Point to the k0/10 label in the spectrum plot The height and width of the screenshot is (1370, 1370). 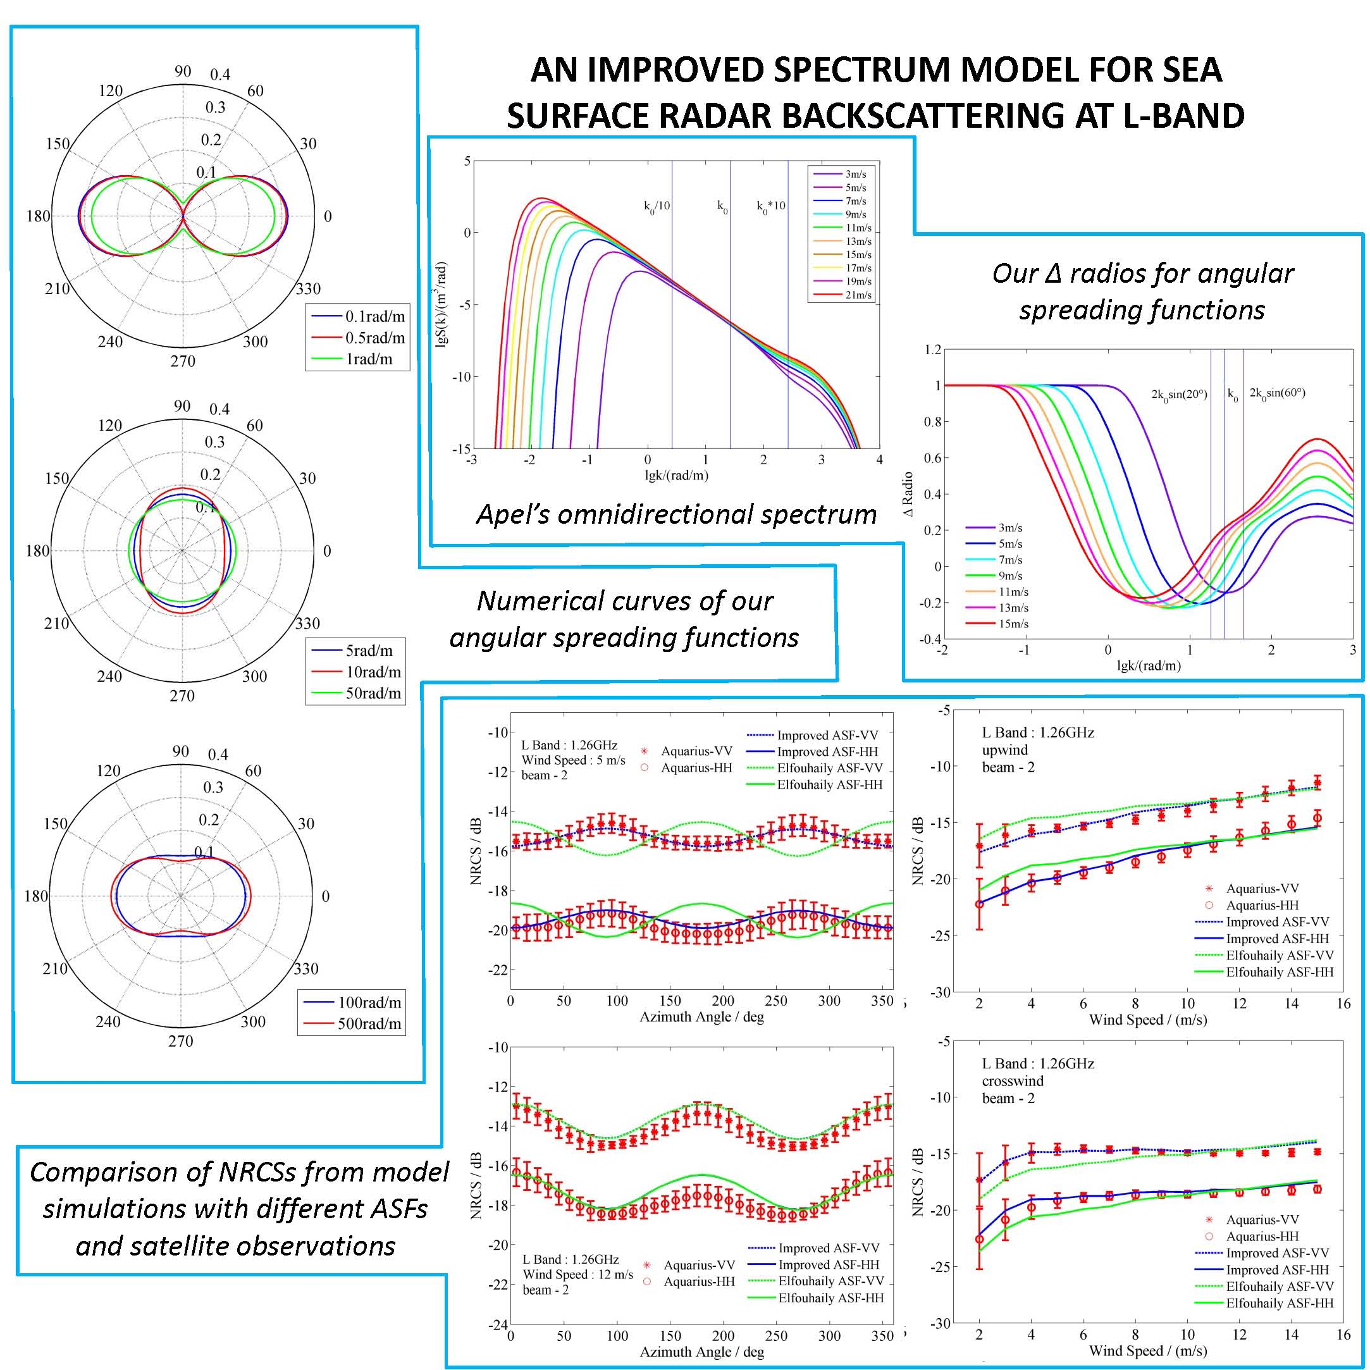[657, 206]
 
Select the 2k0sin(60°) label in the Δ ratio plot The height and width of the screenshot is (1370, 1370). [1277, 393]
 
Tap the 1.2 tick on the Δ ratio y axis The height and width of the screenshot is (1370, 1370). [932, 350]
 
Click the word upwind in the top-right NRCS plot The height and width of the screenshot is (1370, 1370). [1005, 750]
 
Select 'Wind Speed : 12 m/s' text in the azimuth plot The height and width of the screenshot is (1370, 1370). [577, 1274]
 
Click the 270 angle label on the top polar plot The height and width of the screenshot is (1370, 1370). [182, 361]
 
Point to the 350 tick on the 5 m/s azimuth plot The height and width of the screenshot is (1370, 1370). [882, 1001]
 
